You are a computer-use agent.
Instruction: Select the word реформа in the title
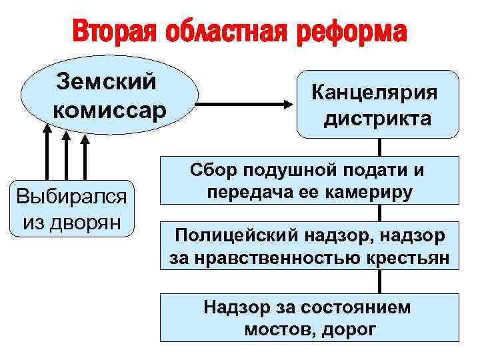[353, 31]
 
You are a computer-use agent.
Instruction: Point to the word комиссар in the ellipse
[109, 108]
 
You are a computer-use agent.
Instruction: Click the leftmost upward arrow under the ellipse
[47, 160]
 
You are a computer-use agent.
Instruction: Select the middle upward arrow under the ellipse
[65, 160]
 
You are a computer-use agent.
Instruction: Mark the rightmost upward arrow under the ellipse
[84, 160]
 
